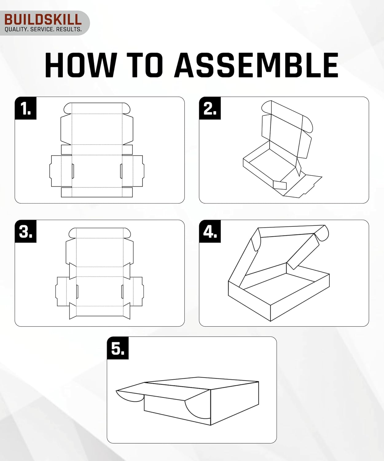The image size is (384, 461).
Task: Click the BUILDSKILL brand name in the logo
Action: tap(43, 19)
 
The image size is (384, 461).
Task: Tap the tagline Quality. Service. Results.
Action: tap(43, 30)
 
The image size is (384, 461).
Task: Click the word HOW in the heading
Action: tap(80, 65)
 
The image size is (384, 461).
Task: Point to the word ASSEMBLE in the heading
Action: tap(257, 65)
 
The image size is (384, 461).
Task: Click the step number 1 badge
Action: tap(25, 108)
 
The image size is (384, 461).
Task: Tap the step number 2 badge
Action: tap(210, 108)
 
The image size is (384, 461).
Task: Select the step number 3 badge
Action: tap(25, 231)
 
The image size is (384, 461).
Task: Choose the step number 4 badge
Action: tap(210, 231)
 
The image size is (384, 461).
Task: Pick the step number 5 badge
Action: tap(118, 348)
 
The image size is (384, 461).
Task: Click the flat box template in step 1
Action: tap(97, 151)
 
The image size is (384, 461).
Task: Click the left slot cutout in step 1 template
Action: tap(73, 171)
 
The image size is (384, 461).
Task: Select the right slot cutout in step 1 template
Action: tap(121, 171)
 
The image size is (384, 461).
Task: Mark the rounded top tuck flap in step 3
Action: tap(100, 233)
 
